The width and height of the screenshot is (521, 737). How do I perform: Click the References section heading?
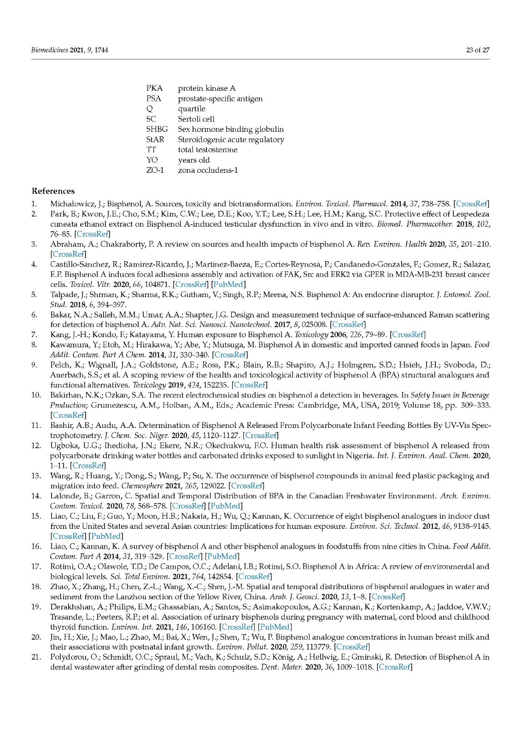53,191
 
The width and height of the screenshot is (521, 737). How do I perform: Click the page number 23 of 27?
478,50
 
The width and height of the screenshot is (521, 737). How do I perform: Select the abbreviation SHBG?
157,129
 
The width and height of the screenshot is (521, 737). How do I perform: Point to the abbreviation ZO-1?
155,170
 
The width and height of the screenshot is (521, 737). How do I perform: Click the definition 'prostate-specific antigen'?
220,99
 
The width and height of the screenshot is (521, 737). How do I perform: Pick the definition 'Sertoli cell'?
196,119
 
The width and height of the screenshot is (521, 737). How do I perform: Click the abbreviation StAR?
155,140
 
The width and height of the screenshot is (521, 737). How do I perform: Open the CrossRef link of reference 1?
471,204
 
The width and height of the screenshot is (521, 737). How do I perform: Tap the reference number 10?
36,395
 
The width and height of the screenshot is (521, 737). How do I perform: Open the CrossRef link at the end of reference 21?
394,667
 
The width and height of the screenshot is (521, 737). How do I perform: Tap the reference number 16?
36,546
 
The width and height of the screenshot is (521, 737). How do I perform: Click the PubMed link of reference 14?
226,506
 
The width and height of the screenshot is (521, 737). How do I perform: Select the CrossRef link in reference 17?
253,577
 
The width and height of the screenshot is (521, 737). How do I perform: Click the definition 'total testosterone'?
208,150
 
